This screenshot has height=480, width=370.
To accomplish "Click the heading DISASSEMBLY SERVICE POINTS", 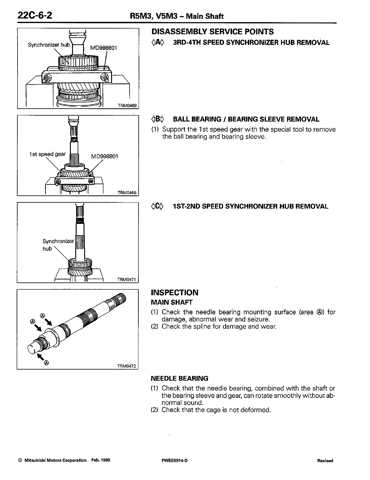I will coord(212,32).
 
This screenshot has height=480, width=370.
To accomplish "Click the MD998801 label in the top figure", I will coord(104,48).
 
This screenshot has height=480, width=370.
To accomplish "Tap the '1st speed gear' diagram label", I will coord(47,154).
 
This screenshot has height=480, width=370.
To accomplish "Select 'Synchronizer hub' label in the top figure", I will coord(49,45).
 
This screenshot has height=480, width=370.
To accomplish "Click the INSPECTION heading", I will coord(175,293).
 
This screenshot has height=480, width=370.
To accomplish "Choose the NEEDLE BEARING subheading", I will coord(180,378).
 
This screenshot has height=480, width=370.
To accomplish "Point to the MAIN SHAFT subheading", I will coord(172,302).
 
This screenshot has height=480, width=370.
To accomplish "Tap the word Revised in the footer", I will coord(325,461).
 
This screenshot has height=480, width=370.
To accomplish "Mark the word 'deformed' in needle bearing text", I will coord(256,410).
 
